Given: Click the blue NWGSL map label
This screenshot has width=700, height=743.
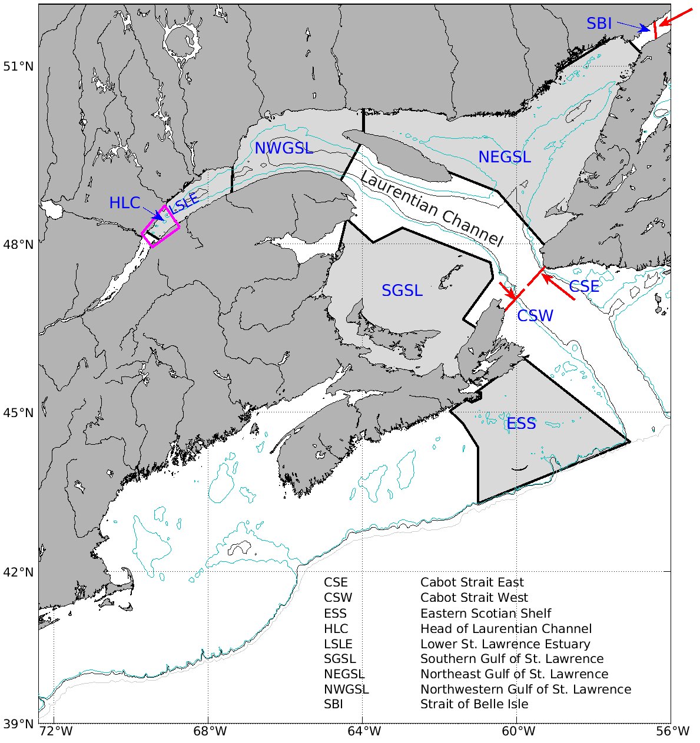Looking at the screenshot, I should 283,148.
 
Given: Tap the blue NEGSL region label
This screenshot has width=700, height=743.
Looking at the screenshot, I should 505,157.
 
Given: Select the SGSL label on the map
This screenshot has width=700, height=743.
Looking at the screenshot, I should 402,291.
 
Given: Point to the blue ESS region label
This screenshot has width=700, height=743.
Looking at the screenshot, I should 521,424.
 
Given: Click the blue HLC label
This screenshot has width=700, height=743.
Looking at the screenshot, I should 125,204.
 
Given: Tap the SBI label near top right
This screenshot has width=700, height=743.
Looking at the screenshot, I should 599,24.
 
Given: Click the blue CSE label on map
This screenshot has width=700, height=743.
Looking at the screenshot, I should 583,286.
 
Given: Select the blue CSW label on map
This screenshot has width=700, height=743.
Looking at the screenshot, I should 535,316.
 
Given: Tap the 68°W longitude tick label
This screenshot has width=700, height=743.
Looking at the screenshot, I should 210,731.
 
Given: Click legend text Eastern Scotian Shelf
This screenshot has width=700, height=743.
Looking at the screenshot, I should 486,613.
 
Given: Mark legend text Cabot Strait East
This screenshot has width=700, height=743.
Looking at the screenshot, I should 472,582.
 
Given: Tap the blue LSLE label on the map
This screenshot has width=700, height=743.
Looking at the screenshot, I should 184,202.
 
